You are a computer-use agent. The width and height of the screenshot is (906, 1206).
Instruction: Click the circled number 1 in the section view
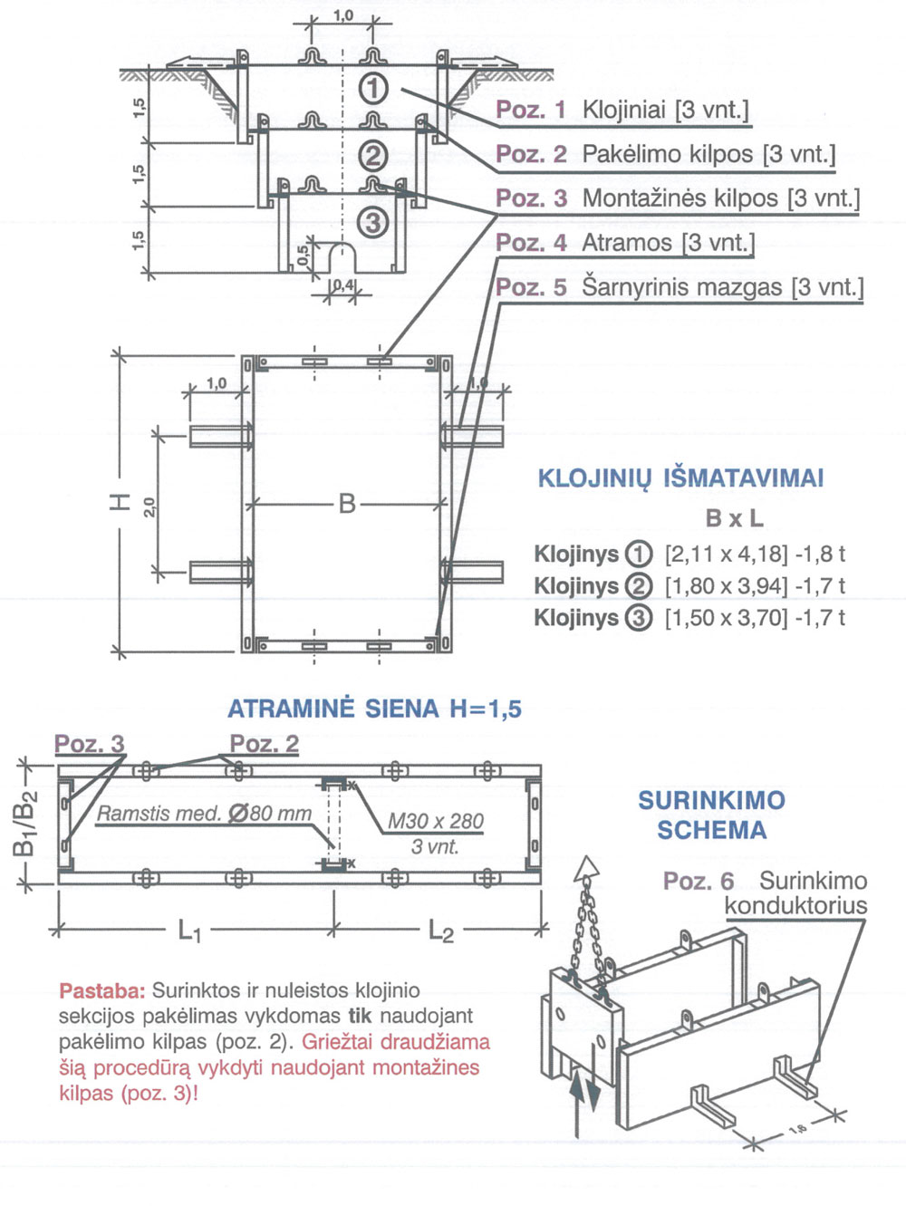(x=373, y=89)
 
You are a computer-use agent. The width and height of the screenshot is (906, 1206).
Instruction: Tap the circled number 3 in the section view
(x=373, y=221)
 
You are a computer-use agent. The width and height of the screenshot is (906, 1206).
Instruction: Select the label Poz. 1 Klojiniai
(x=622, y=111)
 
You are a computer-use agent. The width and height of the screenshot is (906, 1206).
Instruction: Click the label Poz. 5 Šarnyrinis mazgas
(x=679, y=287)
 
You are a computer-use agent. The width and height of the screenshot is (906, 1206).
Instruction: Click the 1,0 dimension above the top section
(x=343, y=15)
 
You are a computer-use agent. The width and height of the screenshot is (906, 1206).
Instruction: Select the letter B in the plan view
(x=347, y=503)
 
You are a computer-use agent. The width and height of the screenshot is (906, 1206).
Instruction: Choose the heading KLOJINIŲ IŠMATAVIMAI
(x=680, y=478)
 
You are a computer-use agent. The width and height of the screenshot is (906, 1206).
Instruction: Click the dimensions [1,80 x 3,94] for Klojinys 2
(x=726, y=586)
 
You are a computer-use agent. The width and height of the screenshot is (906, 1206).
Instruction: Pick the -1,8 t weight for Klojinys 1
(x=820, y=554)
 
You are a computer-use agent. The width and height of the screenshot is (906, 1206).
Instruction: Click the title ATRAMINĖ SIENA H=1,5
(x=374, y=709)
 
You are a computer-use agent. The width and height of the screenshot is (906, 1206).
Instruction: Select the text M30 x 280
(x=436, y=822)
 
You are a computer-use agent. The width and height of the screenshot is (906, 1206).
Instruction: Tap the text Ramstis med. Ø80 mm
(x=204, y=814)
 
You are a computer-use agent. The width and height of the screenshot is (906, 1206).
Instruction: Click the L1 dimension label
(x=189, y=931)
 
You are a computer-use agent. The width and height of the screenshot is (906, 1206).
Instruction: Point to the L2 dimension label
(x=441, y=931)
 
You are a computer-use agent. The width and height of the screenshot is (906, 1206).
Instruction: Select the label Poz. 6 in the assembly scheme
(x=699, y=881)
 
